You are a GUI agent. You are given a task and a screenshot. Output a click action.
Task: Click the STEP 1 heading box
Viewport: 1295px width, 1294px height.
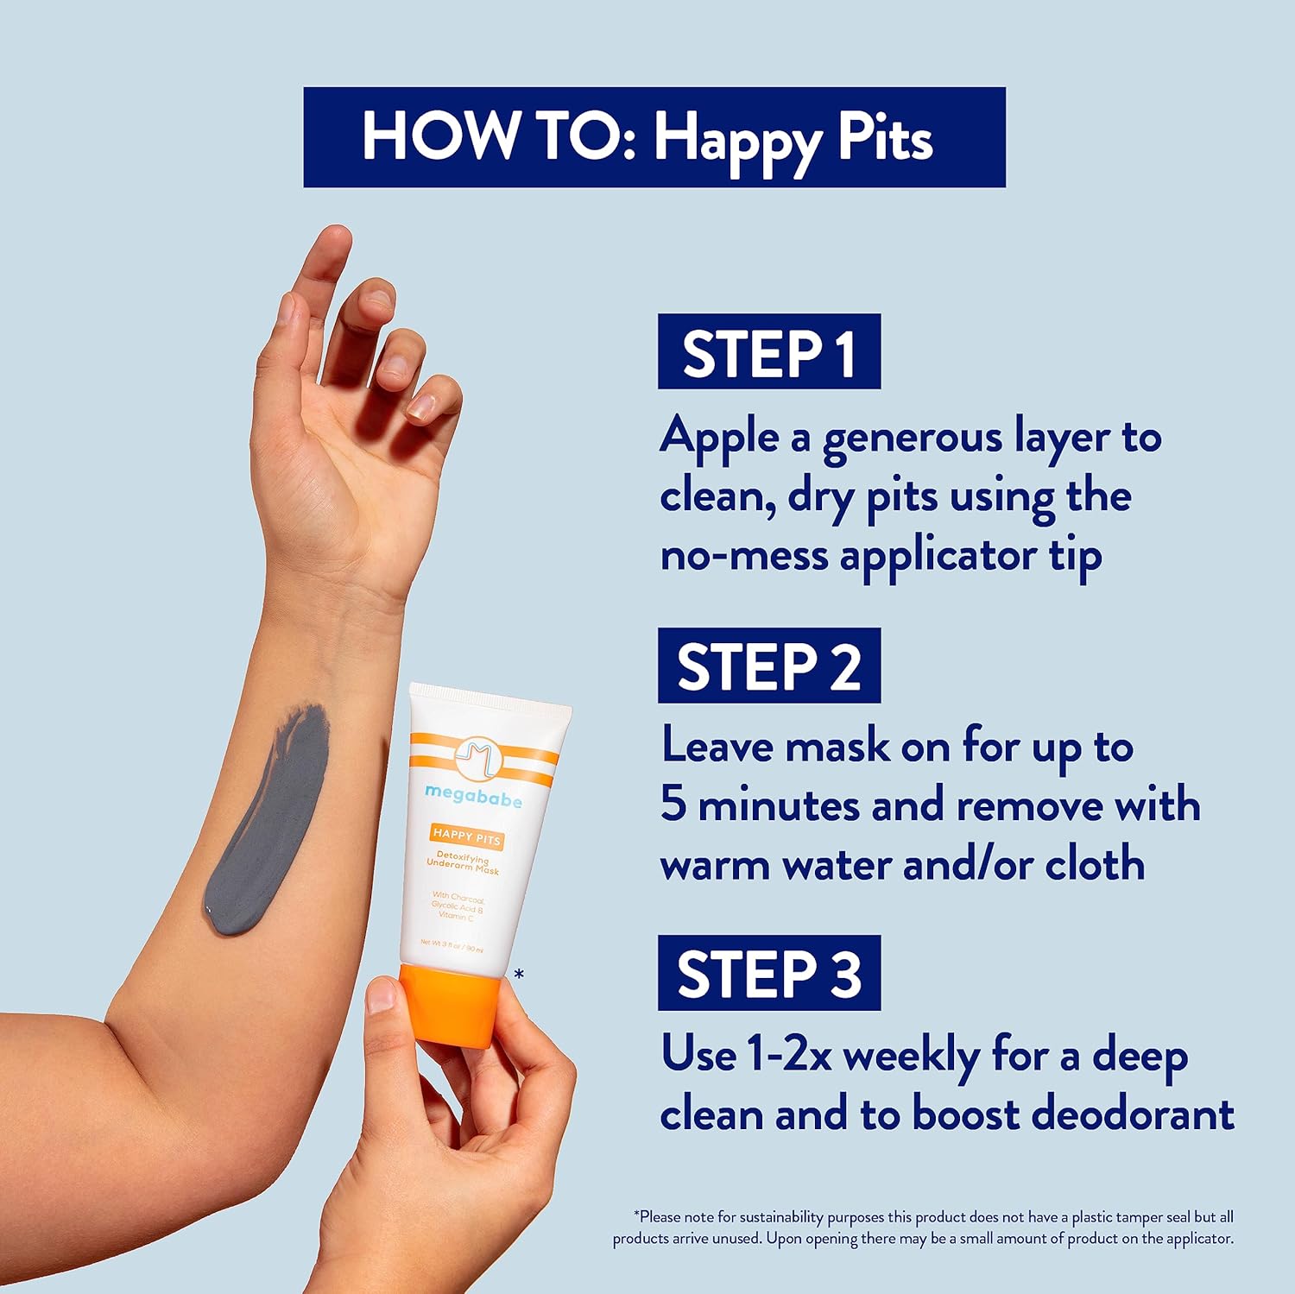coord(768,351)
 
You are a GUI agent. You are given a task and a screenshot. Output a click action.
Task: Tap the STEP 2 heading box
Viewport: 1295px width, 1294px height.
coord(768,666)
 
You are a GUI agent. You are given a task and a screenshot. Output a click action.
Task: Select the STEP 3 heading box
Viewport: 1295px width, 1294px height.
coord(768,973)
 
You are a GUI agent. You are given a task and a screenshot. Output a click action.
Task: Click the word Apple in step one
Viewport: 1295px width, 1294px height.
coord(719,438)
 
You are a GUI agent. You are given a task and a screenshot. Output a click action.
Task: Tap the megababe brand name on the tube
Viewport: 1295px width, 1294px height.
coord(473,797)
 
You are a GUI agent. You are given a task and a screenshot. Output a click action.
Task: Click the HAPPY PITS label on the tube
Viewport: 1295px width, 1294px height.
coord(466,836)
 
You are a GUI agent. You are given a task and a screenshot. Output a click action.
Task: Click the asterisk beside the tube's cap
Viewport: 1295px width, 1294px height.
coord(519,975)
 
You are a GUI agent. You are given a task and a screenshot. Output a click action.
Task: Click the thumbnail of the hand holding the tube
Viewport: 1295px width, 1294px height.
coord(381,994)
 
